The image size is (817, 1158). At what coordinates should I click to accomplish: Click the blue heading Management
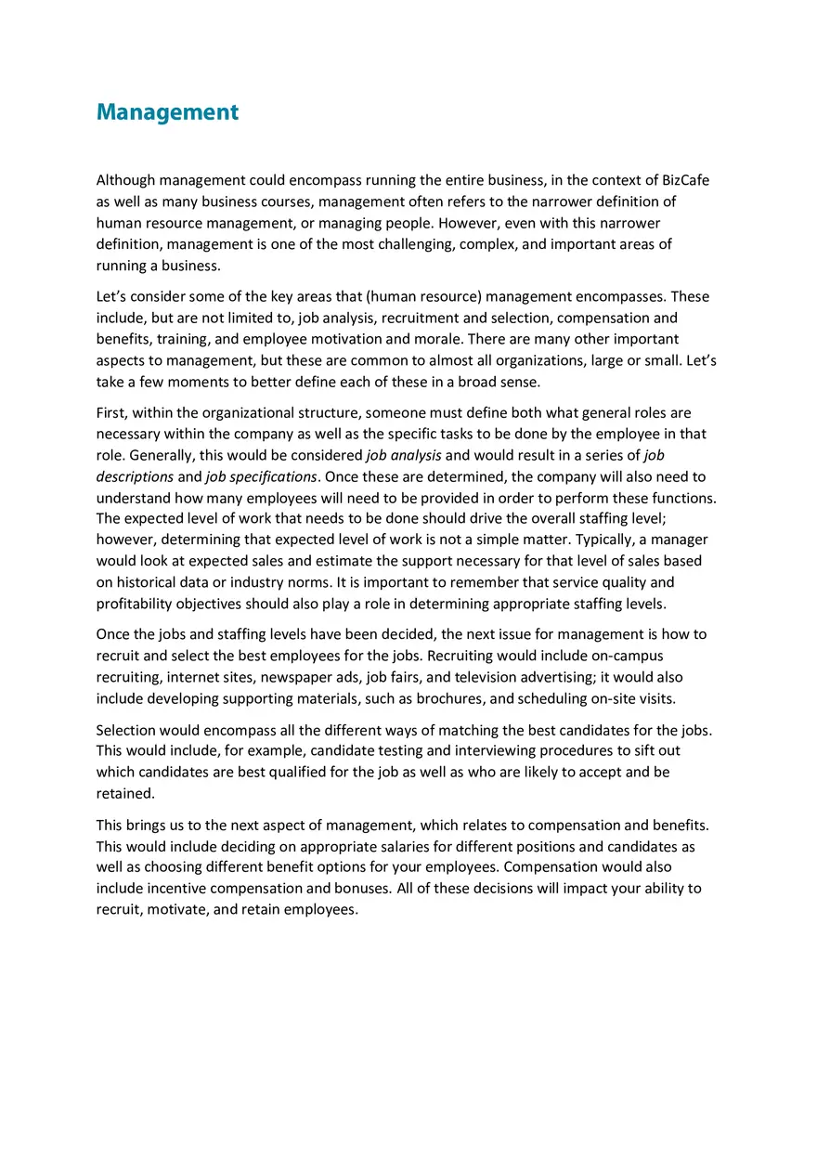167,112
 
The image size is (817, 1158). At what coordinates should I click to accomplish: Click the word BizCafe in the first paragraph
685,180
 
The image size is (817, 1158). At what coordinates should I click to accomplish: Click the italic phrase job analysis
404,455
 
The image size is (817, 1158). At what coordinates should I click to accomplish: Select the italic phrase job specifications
262,476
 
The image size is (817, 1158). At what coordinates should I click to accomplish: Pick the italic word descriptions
135,476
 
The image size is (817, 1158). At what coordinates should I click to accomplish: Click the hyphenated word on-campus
627,657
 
